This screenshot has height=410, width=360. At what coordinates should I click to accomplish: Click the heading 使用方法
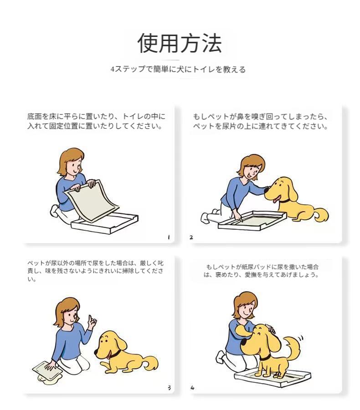coord(180,43)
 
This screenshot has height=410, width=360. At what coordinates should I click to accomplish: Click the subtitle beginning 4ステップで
coord(178,69)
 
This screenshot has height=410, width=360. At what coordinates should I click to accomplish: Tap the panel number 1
coord(169,237)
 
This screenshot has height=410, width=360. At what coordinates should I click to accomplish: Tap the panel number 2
coord(191,238)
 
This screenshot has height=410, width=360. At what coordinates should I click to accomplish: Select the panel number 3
coord(169,388)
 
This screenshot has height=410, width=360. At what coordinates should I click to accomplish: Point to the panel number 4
coord(193,388)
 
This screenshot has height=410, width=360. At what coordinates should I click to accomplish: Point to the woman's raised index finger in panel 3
coord(89,318)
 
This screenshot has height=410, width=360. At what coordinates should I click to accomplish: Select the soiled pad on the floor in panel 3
coord(47,372)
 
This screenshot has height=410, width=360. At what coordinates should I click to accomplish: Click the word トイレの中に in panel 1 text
coord(144,116)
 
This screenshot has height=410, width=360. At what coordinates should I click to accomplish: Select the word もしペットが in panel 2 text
coord(211,117)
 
